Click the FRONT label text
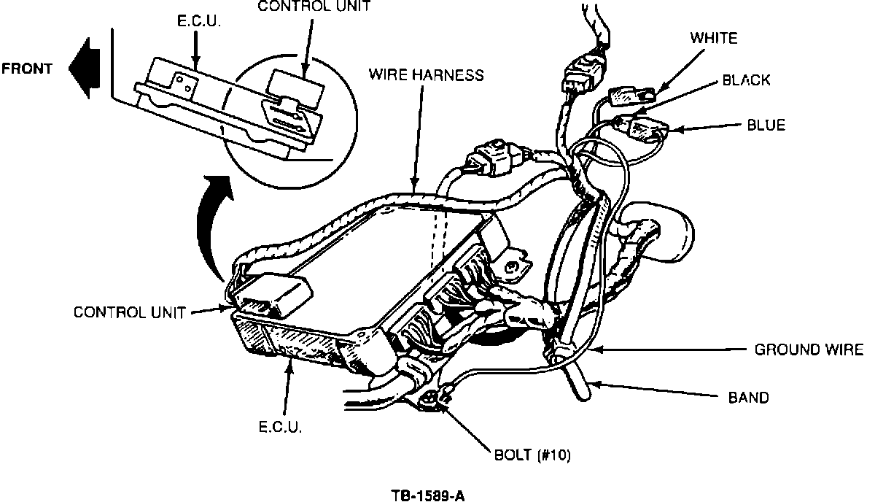tap(27, 69)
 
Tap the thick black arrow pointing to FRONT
tap(85, 68)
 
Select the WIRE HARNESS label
tap(426, 74)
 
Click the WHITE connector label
tap(714, 39)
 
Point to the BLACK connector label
tap(746, 80)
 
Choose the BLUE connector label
tap(766, 125)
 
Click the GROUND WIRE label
tap(809, 350)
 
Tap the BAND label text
tap(748, 398)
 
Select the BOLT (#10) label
tap(532, 455)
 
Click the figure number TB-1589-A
tap(428, 496)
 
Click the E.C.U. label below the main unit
tap(281, 427)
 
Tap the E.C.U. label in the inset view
tap(199, 21)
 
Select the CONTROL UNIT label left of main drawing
tap(129, 312)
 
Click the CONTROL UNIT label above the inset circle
tap(314, 7)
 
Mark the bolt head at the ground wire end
tap(428, 401)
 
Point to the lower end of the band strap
tap(583, 395)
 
